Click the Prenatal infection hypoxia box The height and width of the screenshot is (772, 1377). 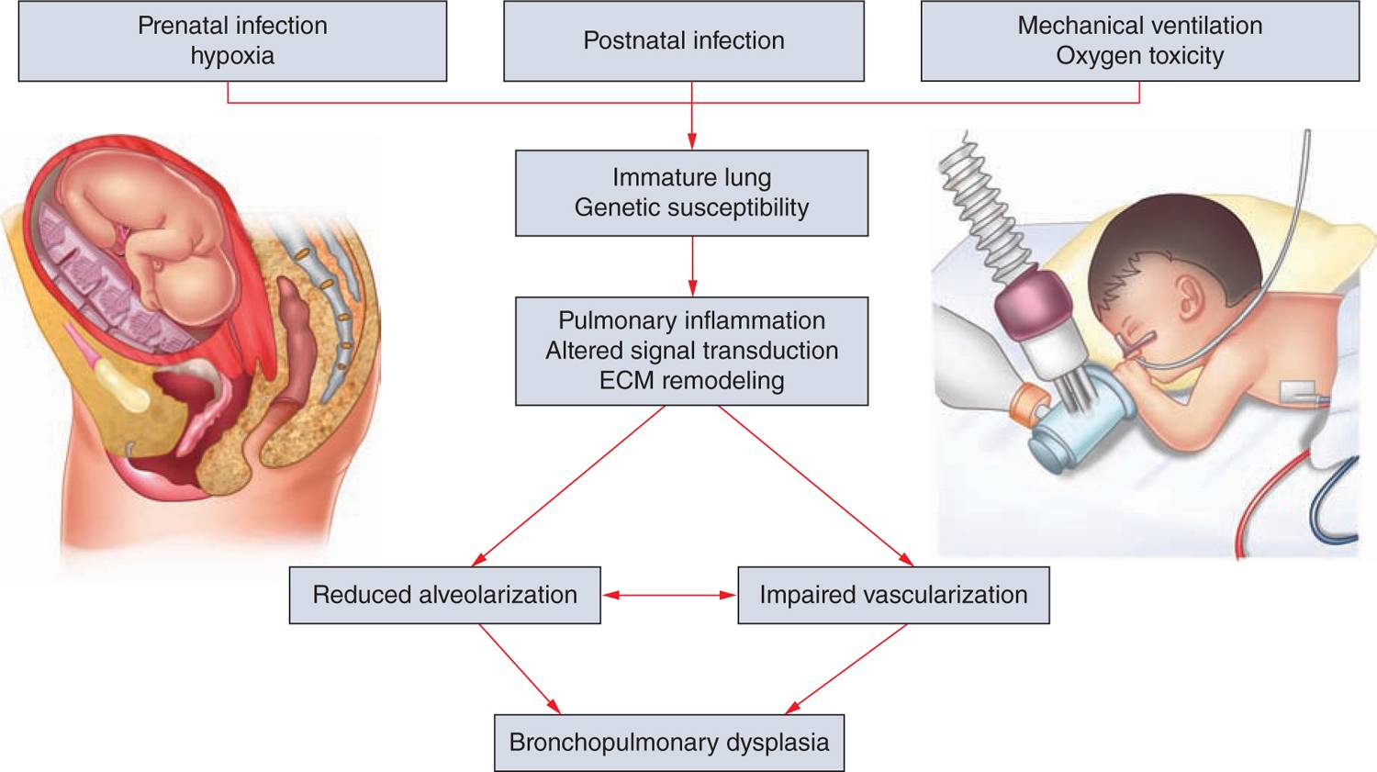tap(232, 41)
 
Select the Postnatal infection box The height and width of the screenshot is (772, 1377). tap(683, 41)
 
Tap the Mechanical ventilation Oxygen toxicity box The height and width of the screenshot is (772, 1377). tap(1139, 41)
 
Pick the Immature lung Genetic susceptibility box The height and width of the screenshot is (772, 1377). tap(691, 193)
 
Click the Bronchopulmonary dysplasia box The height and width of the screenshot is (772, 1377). tap(668, 743)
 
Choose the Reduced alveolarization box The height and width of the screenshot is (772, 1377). tap(444, 595)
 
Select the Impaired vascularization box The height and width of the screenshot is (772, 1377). tap(892, 595)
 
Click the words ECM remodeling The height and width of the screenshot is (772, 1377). tap(691, 381)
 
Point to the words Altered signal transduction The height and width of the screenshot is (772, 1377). tap(691, 351)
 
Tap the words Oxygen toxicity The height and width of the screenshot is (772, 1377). tap(1139, 56)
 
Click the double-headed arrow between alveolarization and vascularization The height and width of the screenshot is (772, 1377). tap(669, 596)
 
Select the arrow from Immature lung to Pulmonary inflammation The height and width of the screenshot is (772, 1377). tap(692, 266)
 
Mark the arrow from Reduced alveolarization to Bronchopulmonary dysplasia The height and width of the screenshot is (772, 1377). tap(519, 667)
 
